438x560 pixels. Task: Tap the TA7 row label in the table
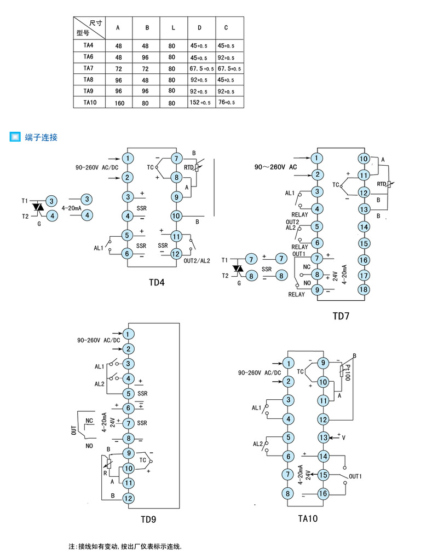coord(89,68)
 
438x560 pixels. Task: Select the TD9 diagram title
coord(148,520)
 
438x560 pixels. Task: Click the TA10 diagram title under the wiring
coord(308,518)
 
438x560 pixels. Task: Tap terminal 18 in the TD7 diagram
coord(364,289)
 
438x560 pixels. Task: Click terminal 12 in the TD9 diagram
coord(128,498)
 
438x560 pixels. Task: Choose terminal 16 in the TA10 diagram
coord(323,493)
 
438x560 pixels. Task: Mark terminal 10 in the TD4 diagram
coord(176,215)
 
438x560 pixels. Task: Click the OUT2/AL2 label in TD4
coord(197,260)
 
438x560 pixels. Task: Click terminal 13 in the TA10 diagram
coord(323,437)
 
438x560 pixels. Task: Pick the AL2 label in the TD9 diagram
coord(99,384)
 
